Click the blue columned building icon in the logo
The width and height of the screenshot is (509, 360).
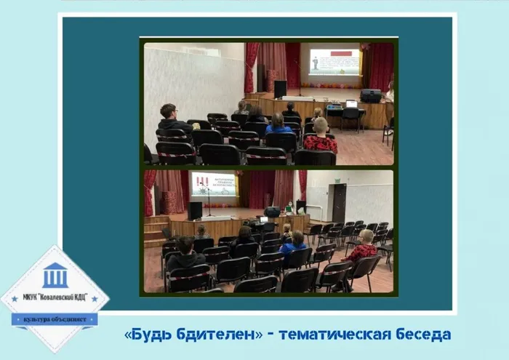55,276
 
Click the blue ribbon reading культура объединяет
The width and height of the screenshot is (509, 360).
55,319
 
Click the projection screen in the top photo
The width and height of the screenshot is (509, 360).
334,62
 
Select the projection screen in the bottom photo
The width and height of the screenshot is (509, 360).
213,186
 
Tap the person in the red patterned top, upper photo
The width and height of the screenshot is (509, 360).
320,138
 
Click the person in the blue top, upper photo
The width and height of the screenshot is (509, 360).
278,124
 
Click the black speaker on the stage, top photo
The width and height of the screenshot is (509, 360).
280,89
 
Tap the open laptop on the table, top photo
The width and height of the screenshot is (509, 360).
351,105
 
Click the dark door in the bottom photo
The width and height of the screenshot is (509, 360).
339,203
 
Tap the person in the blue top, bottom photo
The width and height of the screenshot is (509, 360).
294,243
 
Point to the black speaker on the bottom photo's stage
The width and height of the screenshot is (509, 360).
195,210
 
